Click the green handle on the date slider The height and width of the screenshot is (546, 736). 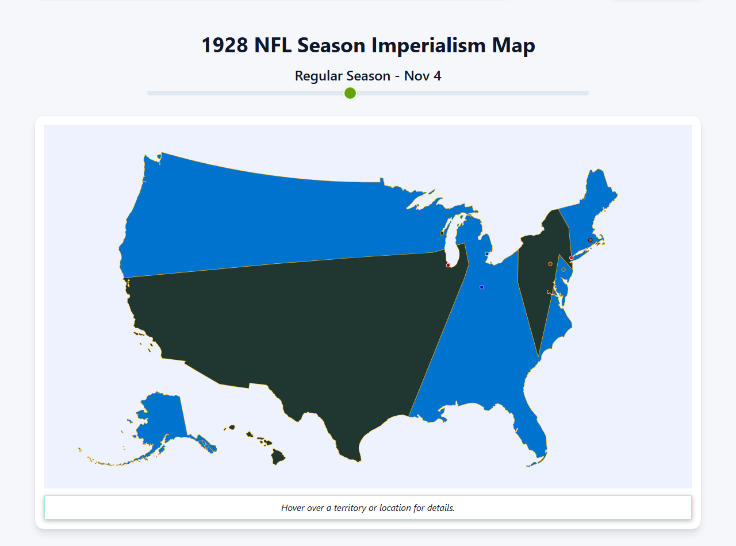[350, 93]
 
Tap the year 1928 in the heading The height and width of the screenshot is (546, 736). [225, 45]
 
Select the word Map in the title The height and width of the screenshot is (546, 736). [513, 45]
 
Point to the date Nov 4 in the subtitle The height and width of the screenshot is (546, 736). [423, 76]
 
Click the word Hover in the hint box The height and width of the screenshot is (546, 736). [293, 508]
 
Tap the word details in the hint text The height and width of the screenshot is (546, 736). [440, 508]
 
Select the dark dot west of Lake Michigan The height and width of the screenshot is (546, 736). [442, 233]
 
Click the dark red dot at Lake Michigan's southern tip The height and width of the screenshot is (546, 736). [448, 266]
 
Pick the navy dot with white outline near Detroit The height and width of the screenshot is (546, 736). [487, 254]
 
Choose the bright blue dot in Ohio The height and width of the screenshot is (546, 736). [482, 287]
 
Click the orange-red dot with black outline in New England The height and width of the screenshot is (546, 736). [590, 240]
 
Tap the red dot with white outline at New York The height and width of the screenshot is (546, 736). [571, 258]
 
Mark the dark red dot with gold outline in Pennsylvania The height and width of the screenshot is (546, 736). [550, 264]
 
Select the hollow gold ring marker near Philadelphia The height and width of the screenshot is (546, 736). [563, 270]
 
